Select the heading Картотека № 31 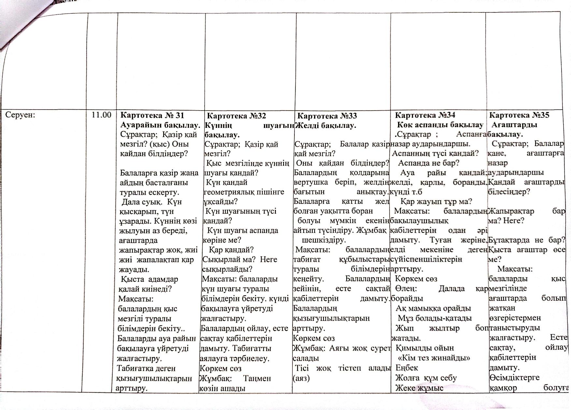(x=152, y=115)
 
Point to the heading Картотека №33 (x=327, y=116)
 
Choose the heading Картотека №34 (x=425, y=115)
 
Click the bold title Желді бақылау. (x=325, y=125)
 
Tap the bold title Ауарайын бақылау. (x=160, y=125)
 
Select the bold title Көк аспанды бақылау (x=440, y=124)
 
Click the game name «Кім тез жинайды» (x=434, y=358)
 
